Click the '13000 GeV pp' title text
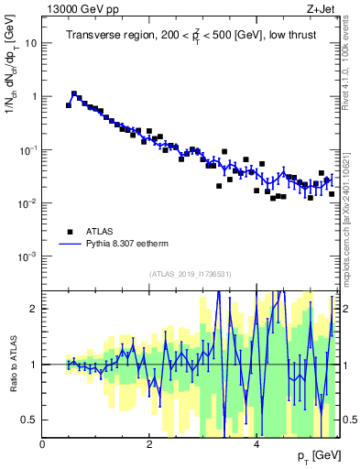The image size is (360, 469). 81,8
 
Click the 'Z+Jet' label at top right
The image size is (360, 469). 322,8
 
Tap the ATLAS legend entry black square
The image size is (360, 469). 70,232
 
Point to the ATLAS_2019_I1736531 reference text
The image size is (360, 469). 191,274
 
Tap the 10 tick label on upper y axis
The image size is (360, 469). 30,42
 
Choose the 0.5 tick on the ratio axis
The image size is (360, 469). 28,420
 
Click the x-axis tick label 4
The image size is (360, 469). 256,444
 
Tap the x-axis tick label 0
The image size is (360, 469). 42,444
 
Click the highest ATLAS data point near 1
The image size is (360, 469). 74,93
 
